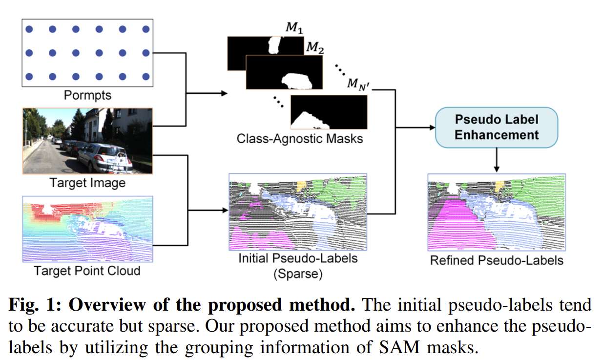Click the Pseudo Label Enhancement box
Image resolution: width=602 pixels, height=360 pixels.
[x=496, y=127]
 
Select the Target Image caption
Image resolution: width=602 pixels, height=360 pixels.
[x=87, y=183]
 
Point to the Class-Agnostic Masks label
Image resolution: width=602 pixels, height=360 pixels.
[x=300, y=138]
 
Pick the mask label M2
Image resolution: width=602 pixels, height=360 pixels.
[x=315, y=48]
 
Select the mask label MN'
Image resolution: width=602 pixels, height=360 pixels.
[x=358, y=84]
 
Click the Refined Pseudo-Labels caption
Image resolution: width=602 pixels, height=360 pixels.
[x=497, y=260]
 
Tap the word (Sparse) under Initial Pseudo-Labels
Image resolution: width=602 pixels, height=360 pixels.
[x=298, y=274]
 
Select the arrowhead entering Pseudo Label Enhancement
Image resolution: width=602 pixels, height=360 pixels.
[x=432, y=127]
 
